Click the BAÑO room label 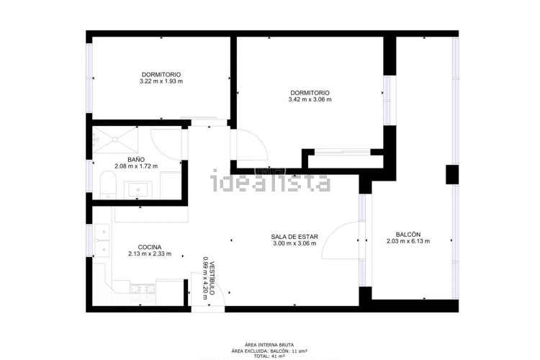136,160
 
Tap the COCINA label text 150,247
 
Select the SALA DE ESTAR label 294,237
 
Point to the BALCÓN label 408,234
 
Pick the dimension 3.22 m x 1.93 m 161,81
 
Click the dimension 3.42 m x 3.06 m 310,99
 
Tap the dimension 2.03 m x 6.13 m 408,241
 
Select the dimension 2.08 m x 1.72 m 136,166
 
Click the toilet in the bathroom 108,185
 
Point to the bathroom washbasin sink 138,190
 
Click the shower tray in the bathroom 115,140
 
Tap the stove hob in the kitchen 143,288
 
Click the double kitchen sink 102,240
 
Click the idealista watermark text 270,181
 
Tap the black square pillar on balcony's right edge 452,174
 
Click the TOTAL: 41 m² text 269,356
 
